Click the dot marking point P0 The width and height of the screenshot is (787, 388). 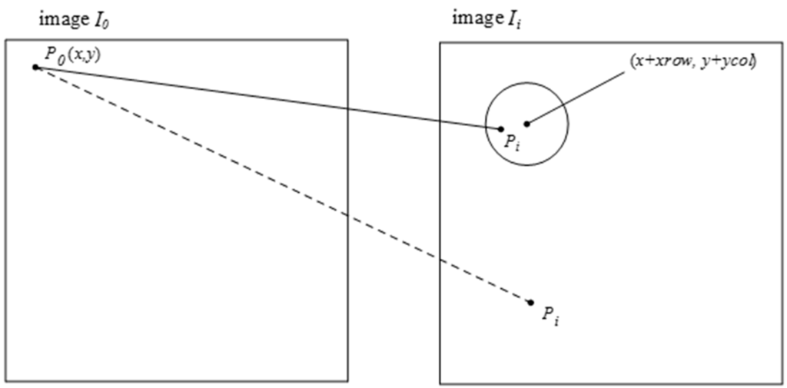pyautogui.click(x=35, y=68)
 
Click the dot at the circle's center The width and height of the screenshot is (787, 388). pyautogui.click(x=526, y=124)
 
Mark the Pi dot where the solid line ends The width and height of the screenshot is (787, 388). pyautogui.click(x=501, y=129)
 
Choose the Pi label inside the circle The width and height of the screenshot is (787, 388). pyautogui.click(x=512, y=144)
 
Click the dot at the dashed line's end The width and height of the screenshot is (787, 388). pyautogui.click(x=531, y=303)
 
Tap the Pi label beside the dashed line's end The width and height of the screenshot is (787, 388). pyautogui.click(x=550, y=314)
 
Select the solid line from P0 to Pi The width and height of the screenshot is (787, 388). pyautogui.click(x=269, y=98)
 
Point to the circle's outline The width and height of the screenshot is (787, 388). pyautogui.click(x=569, y=124)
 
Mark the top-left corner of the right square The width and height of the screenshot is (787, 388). pyautogui.click(x=440, y=42)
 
